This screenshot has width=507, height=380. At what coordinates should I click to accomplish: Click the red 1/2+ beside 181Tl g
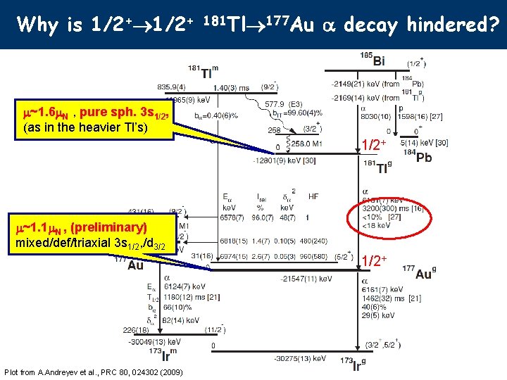pos(373,145)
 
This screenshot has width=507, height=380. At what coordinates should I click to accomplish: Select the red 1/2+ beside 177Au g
pos(375,261)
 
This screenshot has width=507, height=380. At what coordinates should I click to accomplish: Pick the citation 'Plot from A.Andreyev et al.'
pos(94,372)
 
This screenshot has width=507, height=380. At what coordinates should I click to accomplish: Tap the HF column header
pos(313,196)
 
